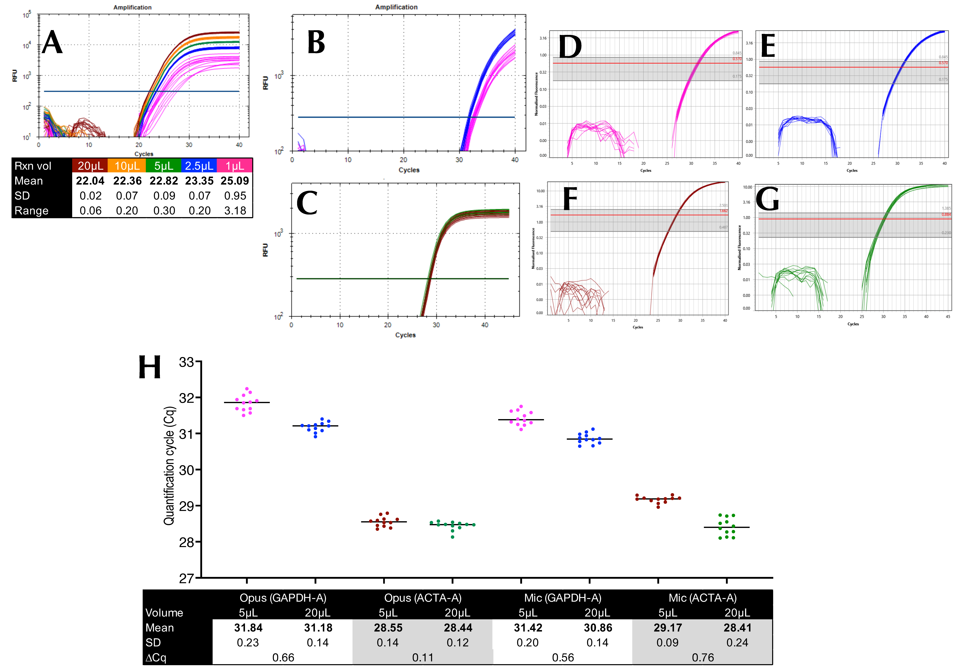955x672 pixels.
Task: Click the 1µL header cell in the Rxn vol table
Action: pyautogui.click(x=235, y=166)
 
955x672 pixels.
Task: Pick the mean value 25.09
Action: pyautogui.click(x=235, y=181)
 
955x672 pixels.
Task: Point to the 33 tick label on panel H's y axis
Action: pyautogui.click(x=186, y=362)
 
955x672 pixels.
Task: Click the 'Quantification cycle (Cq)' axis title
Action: pyautogui.click(x=169, y=466)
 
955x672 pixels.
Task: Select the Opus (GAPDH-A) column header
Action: pyautogui.click(x=283, y=598)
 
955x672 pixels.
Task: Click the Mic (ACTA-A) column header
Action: pyautogui.click(x=703, y=598)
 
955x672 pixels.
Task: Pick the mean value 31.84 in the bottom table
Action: pyautogui.click(x=248, y=628)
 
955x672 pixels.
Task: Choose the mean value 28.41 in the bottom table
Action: pyautogui.click(x=737, y=628)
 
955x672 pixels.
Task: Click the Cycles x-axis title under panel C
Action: pyautogui.click(x=405, y=335)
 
